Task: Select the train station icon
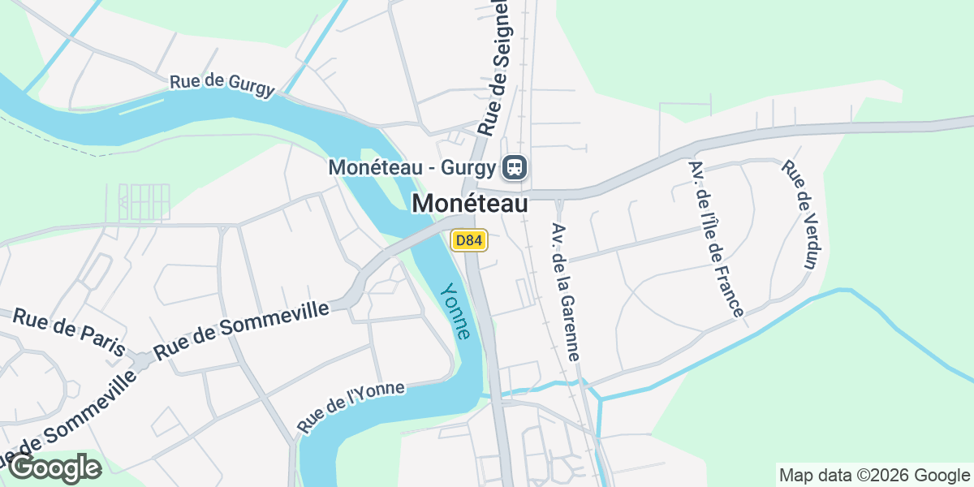(x=515, y=168)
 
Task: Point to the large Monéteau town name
(x=470, y=203)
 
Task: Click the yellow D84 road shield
(x=469, y=240)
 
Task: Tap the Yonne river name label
(x=455, y=311)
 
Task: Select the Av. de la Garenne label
(x=565, y=291)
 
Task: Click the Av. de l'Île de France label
(x=715, y=238)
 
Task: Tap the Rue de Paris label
(x=69, y=332)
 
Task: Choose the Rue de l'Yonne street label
(x=351, y=406)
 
